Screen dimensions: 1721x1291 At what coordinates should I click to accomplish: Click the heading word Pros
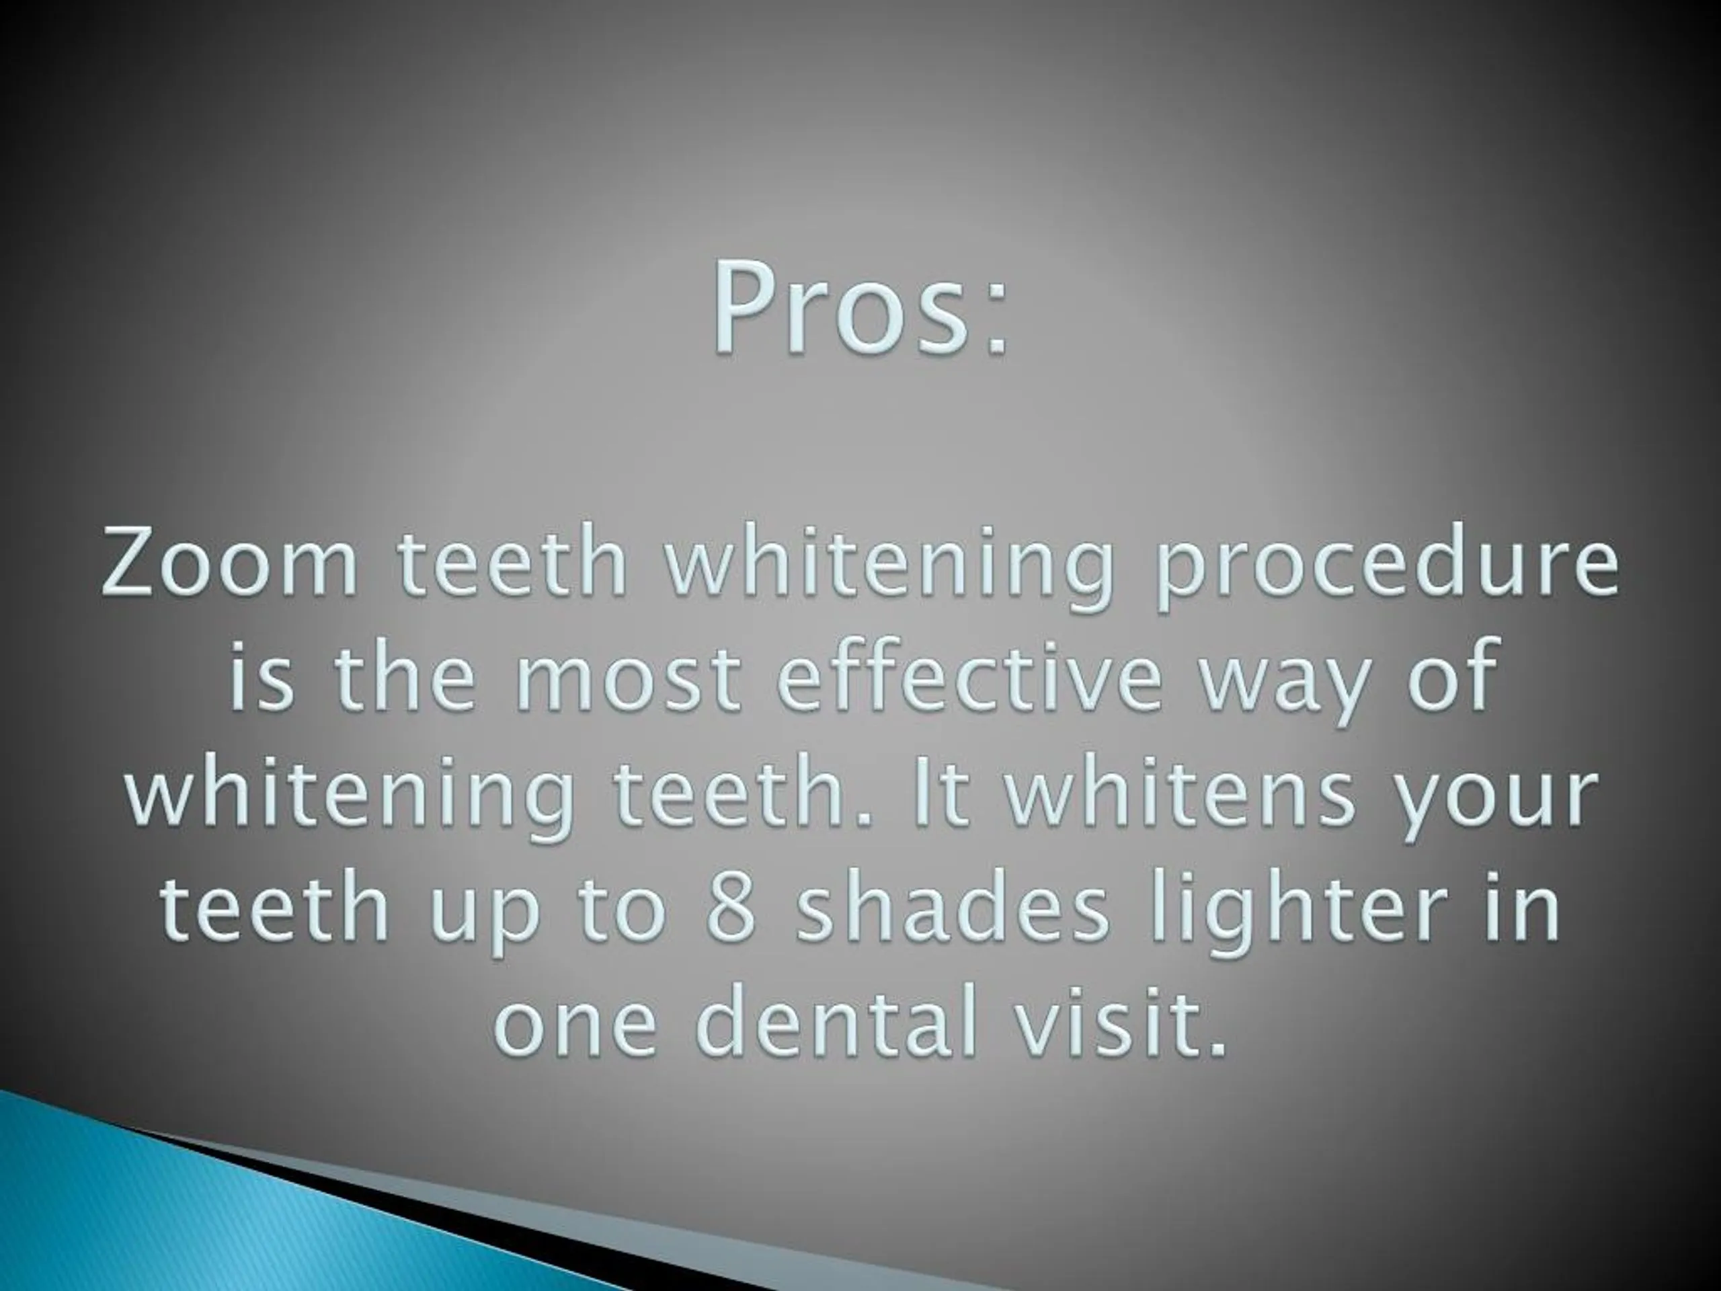(844, 309)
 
